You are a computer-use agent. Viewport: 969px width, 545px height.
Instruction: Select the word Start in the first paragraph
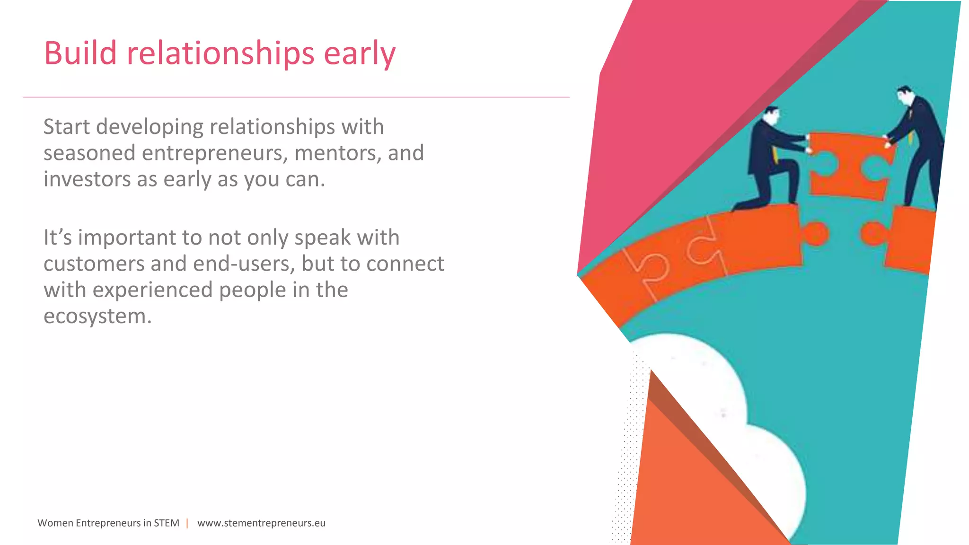coord(66,127)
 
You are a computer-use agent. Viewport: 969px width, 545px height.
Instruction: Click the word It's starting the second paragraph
coord(58,237)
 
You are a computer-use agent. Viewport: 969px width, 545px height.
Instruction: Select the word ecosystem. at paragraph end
coord(97,316)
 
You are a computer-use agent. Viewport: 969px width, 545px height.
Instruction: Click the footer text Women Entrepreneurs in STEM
coord(108,523)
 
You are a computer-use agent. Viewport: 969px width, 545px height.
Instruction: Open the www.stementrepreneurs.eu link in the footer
coord(261,523)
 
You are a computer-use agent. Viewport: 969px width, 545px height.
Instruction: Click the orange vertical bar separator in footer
coord(187,523)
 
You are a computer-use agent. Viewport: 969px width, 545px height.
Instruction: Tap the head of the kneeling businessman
coord(771,115)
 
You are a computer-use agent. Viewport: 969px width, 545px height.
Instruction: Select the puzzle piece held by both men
coord(849,166)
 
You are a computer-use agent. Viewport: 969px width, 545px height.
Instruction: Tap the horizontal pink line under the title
coord(296,97)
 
